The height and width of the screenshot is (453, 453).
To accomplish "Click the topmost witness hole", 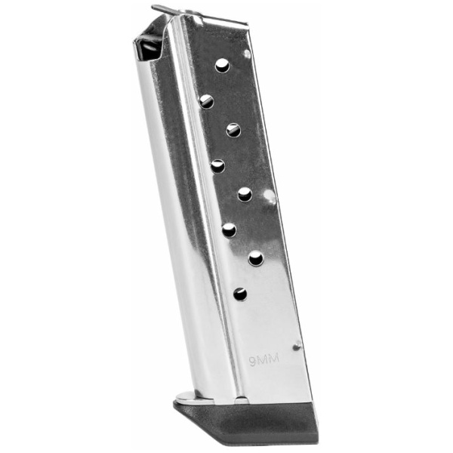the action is pyautogui.click(x=223, y=66).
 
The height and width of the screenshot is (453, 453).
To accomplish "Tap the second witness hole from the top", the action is pyautogui.click(x=207, y=101).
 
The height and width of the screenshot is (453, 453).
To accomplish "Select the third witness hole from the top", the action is pyautogui.click(x=234, y=130).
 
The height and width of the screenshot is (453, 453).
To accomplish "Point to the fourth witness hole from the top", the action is pyautogui.click(x=218, y=166).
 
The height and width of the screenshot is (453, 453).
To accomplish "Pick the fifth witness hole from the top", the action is pyautogui.click(x=245, y=194).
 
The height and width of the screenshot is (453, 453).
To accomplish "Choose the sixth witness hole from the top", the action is pyautogui.click(x=230, y=230).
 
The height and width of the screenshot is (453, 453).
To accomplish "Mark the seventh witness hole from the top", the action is pyautogui.click(x=256, y=258).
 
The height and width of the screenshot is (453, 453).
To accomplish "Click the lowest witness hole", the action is pyautogui.click(x=240, y=294).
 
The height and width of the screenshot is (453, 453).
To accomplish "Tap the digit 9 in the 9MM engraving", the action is pyautogui.click(x=253, y=362).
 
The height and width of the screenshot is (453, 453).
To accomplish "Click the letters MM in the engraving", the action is pyautogui.click(x=268, y=360).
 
